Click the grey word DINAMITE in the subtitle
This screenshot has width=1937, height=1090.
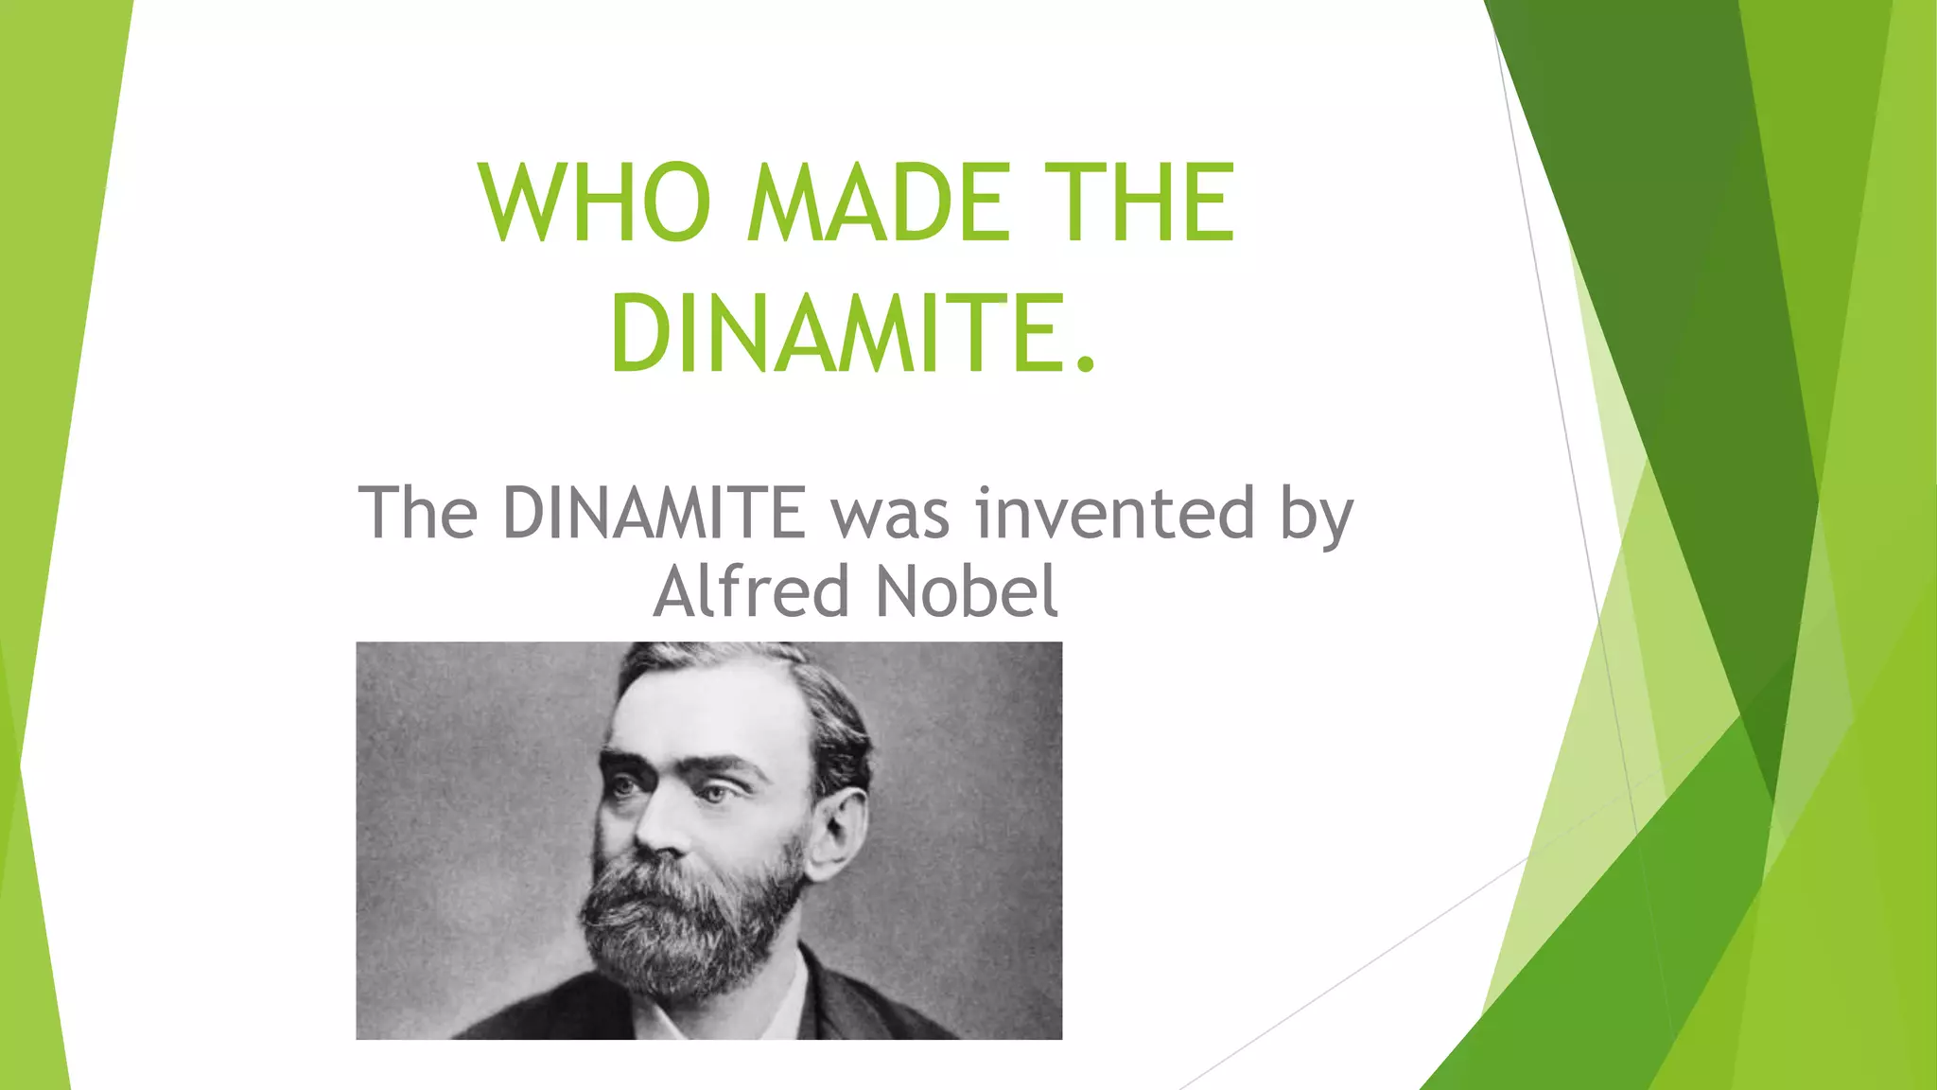(654, 513)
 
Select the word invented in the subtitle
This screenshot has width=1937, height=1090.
(1115, 513)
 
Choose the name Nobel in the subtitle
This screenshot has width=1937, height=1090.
(967, 591)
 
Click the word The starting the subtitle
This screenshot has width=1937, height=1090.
(417, 513)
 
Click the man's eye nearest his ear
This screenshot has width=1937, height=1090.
(719, 792)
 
